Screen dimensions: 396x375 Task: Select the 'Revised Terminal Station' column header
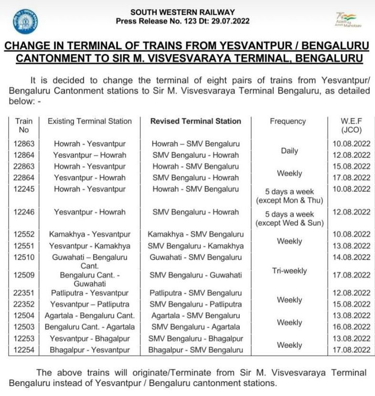[195, 121]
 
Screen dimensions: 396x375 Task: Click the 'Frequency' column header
[288, 121]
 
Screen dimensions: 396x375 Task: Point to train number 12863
[24, 144]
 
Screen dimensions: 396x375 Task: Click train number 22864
[24, 178]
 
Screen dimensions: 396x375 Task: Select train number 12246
[24, 212]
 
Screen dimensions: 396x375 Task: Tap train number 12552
[24, 235]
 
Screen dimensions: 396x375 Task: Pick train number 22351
[24, 293]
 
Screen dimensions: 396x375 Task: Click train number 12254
[24, 350]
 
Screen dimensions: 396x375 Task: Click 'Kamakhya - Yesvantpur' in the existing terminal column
[90, 235]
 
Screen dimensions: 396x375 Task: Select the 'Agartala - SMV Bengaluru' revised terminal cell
[194, 316]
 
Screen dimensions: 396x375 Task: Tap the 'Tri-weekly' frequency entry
[289, 271]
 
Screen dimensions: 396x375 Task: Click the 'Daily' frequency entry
[289, 150]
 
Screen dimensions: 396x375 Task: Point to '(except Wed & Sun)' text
[289, 223]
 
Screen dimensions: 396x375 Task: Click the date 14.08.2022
[352, 257]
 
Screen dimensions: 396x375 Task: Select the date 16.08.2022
[352, 327]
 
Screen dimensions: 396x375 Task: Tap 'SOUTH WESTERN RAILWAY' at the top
[182, 12]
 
